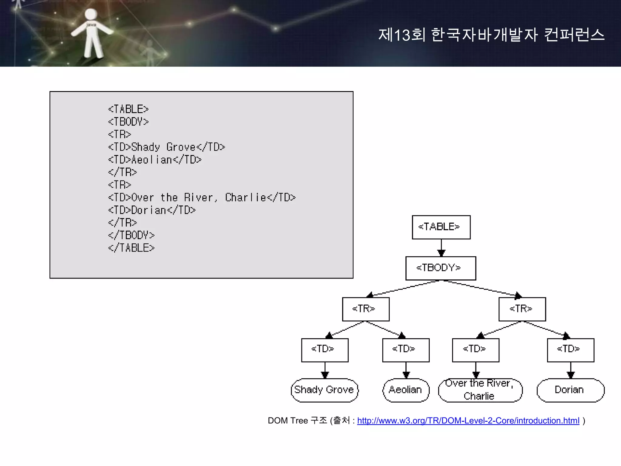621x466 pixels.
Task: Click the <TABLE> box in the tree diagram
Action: pos(441,227)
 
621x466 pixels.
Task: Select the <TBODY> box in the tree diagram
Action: pos(441,268)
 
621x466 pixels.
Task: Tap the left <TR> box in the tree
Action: pos(366,309)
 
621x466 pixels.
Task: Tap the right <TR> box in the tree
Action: pos(522,309)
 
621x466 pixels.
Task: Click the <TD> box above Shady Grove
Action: pos(325,350)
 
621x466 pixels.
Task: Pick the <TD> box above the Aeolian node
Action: pos(406,350)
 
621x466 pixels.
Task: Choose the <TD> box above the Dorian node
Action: pos(570,350)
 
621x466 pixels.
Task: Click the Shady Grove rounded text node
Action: pos(324,390)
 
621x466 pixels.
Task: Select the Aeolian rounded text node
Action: pos(406,390)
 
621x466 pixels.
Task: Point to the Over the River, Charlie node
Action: pos(480,390)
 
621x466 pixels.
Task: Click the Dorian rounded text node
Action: pos(570,390)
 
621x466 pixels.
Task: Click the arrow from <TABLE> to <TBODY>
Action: pos(441,248)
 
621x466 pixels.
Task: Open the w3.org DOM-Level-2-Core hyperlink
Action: pos(468,421)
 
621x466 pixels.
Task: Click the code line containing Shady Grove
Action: pos(166,147)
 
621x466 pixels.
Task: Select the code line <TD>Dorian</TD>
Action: pos(152,210)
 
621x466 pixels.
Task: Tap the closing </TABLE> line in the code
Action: pos(131,248)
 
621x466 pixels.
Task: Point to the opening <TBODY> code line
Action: pos(128,122)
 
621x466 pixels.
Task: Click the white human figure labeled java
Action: pos(91,33)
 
